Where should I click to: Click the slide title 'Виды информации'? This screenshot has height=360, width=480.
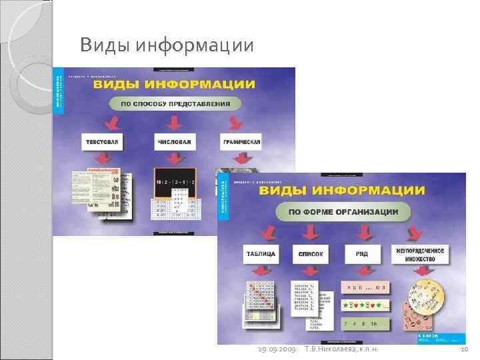[x=166, y=45]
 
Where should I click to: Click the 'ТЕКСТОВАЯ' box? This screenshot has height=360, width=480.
[x=104, y=142]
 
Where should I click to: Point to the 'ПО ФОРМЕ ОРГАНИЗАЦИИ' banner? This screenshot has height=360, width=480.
[x=343, y=212]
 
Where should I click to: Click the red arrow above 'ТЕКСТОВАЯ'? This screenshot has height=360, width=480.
[x=111, y=122]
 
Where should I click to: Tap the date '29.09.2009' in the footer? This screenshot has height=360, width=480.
[x=276, y=349]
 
